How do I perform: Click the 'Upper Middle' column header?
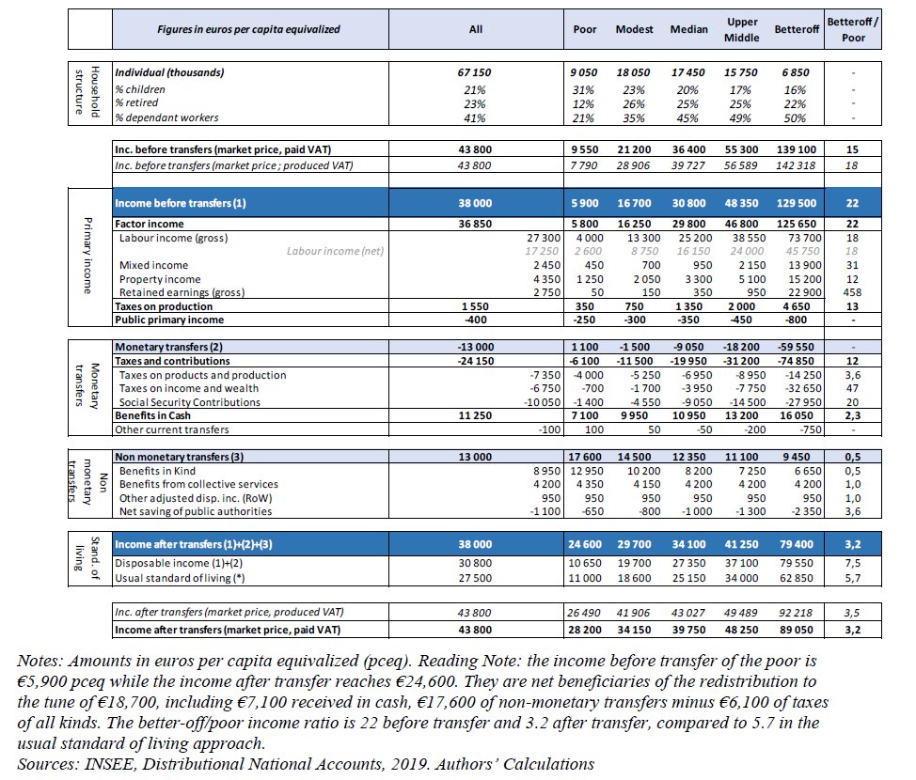[742, 30]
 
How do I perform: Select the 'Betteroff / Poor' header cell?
[853, 30]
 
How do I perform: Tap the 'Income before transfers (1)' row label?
[181, 203]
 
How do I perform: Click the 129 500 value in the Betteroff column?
[798, 203]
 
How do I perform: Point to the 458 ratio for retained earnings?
[852, 292]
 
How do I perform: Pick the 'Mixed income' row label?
[153, 265]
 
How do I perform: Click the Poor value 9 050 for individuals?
[584, 72]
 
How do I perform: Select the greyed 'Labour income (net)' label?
[335, 251]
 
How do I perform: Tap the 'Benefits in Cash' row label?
[152, 415]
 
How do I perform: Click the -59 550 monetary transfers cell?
[796, 347]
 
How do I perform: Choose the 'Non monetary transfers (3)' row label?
[180, 457]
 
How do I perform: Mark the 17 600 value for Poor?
[585, 457]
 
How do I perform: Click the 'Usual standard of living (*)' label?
[180, 578]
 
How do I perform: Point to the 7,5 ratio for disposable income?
[852, 564]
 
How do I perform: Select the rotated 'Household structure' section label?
[87, 92]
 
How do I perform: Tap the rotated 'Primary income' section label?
[87, 255]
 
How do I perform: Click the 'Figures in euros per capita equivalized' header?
[248, 29]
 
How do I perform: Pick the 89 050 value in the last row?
[796, 630]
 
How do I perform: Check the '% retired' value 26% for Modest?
[634, 104]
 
